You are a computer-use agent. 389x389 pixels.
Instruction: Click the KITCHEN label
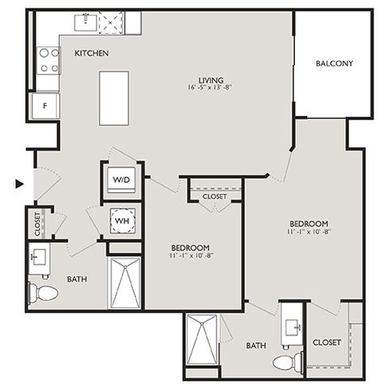92,53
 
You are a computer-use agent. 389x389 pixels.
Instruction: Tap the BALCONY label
335,63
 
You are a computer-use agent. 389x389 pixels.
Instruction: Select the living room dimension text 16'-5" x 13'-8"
210,88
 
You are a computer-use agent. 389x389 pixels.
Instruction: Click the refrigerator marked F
45,106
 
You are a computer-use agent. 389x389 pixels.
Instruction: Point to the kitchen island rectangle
113,98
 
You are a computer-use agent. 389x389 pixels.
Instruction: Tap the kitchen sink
86,23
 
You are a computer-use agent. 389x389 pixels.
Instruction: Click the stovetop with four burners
49,61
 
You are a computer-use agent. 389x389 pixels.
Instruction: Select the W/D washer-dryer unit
122,180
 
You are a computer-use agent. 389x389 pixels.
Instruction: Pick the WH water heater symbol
122,220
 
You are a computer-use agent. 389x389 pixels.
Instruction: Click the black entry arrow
19,184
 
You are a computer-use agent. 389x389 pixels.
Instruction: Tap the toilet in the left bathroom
43,293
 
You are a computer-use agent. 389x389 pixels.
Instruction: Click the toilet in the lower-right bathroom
288,362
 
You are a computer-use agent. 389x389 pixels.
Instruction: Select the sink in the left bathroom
39,257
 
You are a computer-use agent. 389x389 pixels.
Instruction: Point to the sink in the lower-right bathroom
293,327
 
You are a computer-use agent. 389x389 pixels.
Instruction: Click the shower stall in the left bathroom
125,283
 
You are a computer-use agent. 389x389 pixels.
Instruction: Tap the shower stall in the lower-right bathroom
202,340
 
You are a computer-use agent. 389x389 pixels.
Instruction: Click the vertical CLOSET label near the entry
37,224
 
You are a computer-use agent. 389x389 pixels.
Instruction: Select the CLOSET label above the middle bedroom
215,196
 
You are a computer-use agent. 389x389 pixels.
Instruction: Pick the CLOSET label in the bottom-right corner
327,343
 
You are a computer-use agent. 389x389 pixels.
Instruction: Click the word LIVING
211,80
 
